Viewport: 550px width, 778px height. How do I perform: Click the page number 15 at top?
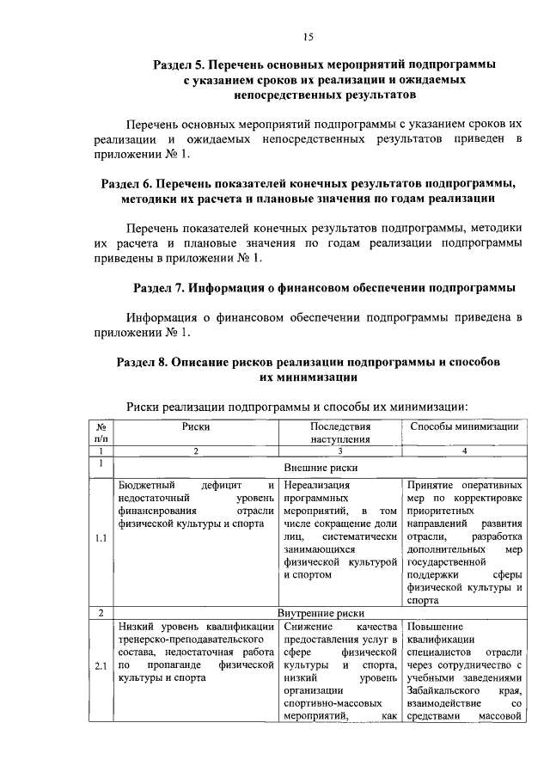click(308, 35)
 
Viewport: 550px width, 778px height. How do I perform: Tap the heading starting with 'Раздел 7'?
click(324, 287)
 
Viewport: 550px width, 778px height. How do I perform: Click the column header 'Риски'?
click(195, 426)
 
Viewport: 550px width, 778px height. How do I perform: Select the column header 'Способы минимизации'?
click(464, 426)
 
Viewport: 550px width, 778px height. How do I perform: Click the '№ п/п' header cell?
click(101, 432)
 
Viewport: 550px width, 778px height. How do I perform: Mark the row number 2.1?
click(101, 665)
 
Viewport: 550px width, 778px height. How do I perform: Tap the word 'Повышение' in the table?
click(436, 627)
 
